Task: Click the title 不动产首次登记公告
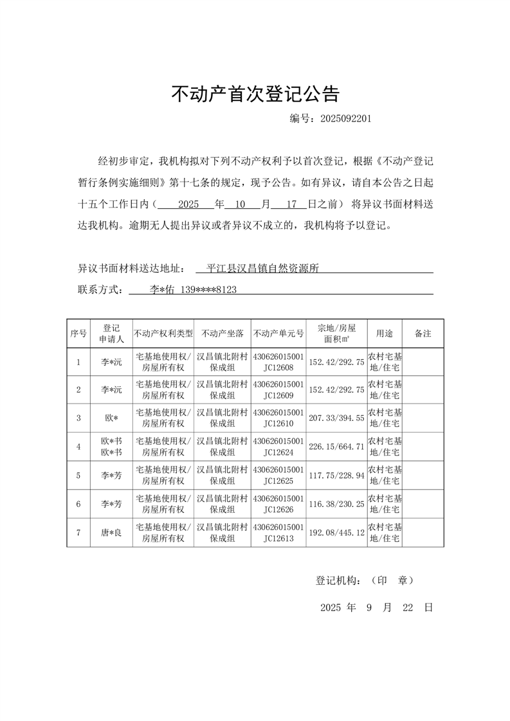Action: pos(255,94)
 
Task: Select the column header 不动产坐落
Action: pos(222,334)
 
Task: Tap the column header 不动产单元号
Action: pos(278,334)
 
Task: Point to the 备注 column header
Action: pos(423,334)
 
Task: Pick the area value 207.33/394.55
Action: pos(336,418)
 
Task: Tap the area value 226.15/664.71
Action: pos(336,447)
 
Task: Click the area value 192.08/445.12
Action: pos(336,533)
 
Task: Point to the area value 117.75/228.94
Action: pos(336,476)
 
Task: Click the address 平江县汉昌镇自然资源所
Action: pos(263,268)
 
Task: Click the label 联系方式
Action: pos(100,290)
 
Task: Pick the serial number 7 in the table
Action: pos(78,533)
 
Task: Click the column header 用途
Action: pos(385,334)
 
